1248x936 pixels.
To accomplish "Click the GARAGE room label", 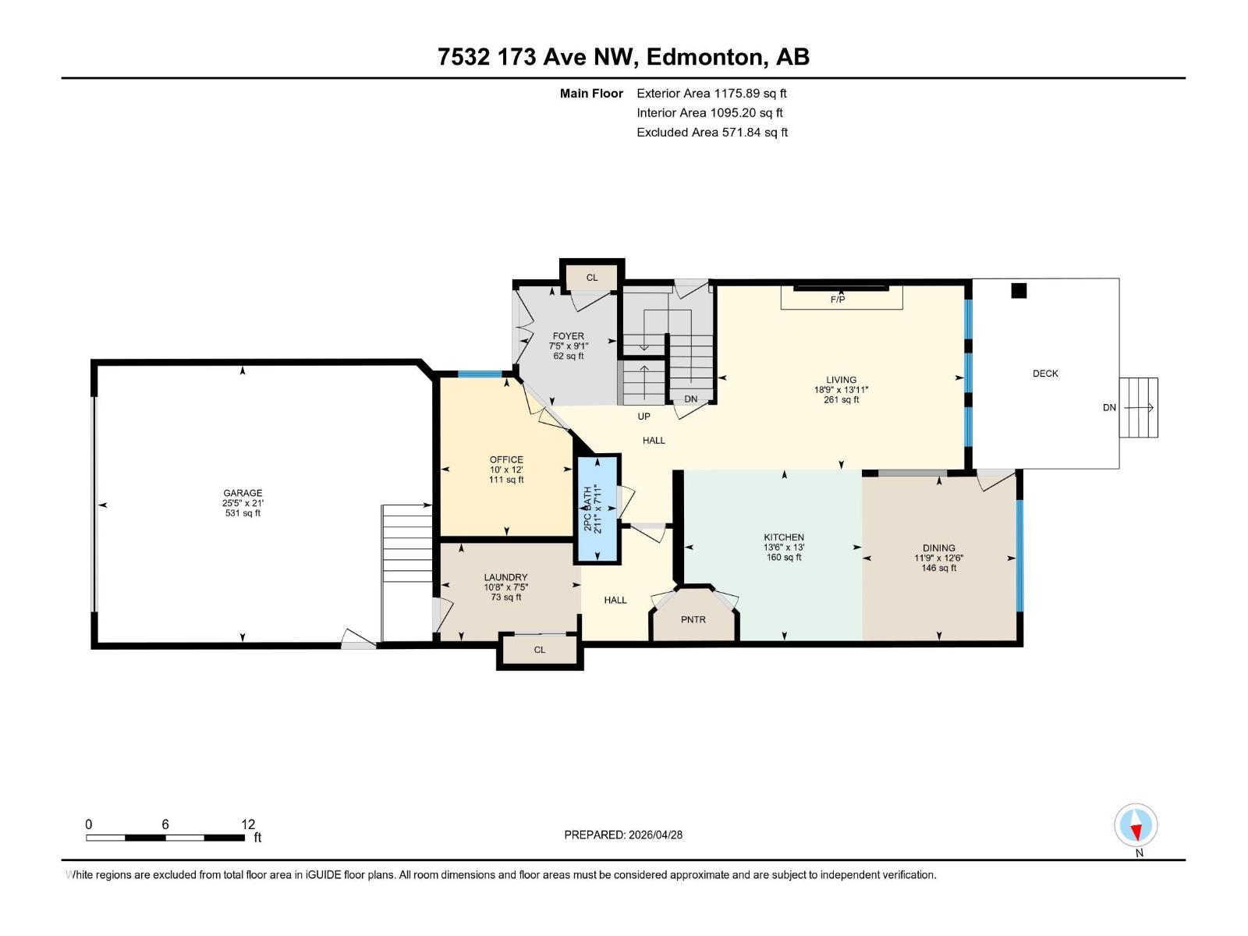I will click(x=243, y=493).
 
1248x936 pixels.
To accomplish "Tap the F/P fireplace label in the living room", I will click(x=838, y=300).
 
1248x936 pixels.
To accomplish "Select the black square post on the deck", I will click(x=1019, y=291).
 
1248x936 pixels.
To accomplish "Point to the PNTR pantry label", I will click(x=693, y=619).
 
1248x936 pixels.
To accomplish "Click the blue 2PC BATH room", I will click(x=597, y=509).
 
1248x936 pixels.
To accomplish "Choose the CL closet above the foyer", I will click(x=592, y=278).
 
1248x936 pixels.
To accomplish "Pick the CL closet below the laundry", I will click(x=540, y=650).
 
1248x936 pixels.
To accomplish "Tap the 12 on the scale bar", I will click(x=248, y=824).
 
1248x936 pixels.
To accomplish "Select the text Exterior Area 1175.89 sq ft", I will click(x=711, y=94).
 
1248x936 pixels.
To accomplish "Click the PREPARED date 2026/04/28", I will click(x=623, y=835).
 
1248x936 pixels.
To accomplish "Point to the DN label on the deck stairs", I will click(x=1109, y=407).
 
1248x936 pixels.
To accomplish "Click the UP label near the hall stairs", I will click(x=643, y=417).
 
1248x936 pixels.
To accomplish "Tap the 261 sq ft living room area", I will click(x=841, y=400).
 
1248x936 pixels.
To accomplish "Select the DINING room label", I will click(x=938, y=548).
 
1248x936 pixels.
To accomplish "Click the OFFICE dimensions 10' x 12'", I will click(x=506, y=470).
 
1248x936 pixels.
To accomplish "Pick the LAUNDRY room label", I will click(x=505, y=578).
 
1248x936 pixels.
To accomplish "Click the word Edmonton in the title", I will click(x=704, y=57).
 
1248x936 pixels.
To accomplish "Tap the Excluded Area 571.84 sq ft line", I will click(x=711, y=133).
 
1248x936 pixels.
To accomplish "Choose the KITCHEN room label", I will click(x=784, y=537).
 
